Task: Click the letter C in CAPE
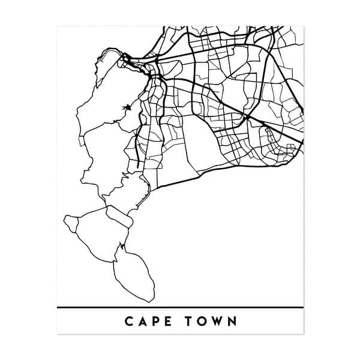point(129,321)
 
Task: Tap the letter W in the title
point(220,321)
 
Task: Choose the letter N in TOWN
point(233,321)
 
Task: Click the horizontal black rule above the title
point(180,307)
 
